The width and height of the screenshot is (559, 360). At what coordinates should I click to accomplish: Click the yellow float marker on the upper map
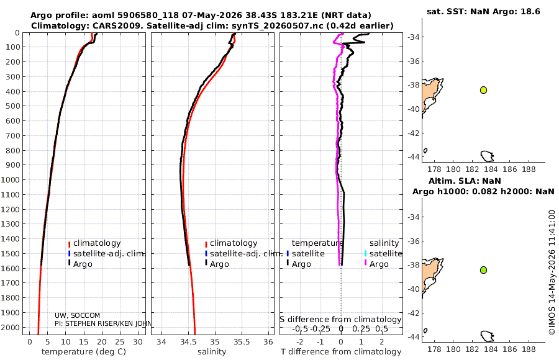click(483, 90)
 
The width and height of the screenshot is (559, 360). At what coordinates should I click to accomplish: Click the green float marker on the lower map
click(483, 270)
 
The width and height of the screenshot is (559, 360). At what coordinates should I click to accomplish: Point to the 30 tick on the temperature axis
click(138, 342)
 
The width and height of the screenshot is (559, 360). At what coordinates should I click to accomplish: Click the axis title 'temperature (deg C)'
click(84, 352)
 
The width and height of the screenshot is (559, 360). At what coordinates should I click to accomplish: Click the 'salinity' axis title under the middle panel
click(212, 352)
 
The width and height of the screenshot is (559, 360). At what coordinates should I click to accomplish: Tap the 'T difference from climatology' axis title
click(341, 352)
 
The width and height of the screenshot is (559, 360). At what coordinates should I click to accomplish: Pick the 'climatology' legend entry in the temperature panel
click(97, 243)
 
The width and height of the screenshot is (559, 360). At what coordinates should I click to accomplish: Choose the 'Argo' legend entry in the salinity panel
click(219, 264)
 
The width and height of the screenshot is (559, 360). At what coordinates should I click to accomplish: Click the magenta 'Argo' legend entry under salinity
click(379, 264)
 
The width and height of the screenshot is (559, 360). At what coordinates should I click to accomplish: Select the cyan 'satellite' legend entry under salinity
click(386, 253)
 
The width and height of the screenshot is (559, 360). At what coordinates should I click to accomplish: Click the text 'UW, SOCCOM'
click(78, 315)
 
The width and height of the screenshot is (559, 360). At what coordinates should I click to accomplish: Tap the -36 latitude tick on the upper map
click(414, 61)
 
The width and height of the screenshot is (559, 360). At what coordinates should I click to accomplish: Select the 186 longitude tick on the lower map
click(510, 349)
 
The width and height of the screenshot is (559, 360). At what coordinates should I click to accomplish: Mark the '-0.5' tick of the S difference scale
click(300, 328)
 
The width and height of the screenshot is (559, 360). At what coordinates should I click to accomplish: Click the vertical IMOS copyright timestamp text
click(552, 272)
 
